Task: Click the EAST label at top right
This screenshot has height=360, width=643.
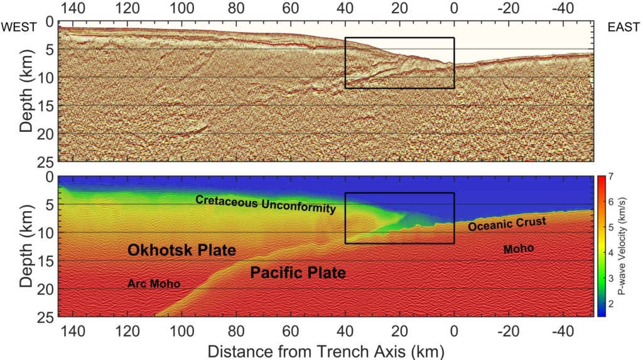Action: pos(623,26)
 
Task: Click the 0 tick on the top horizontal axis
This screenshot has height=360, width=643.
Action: pos(454,9)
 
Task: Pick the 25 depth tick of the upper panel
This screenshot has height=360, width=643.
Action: pos(48,161)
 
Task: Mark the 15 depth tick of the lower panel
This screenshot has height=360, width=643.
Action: pos(48,261)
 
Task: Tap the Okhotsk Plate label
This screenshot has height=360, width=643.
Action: pos(181,251)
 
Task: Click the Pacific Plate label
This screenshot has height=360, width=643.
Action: pos(298,273)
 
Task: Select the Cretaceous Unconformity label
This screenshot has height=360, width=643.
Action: pos(266,204)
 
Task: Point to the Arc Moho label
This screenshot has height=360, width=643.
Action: pos(154,284)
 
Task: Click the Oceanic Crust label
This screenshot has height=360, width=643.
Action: pos(507,223)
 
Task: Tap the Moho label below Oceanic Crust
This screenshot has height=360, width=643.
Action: pos(519,249)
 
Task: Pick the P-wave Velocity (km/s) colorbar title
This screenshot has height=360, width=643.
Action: pos(630,246)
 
